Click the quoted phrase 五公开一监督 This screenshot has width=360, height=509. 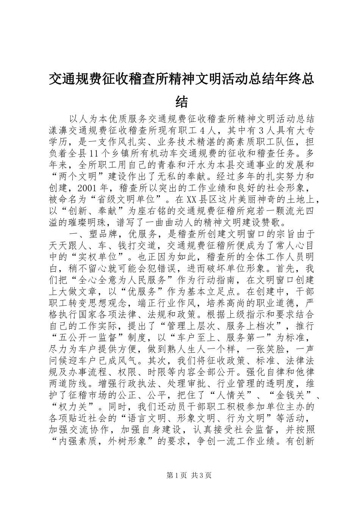click(x=88, y=338)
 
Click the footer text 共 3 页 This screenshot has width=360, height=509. click(x=201, y=476)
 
